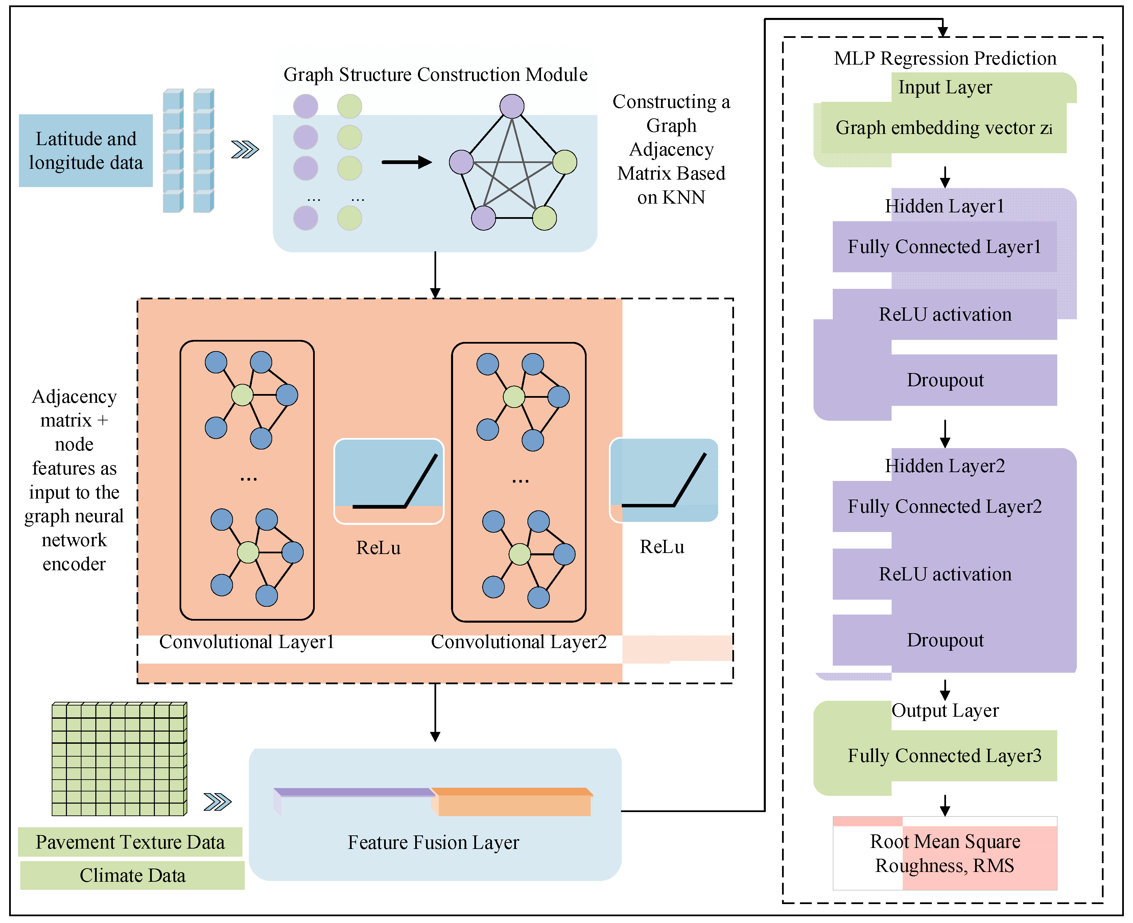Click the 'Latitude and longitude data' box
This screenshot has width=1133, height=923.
click(x=86, y=151)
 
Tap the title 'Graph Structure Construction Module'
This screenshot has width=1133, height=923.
click(x=435, y=74)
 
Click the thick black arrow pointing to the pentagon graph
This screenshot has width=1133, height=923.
click(x=406, y=162)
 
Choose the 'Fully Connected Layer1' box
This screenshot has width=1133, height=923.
click(x=944, y=247)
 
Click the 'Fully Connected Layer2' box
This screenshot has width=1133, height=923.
click(x=944, y=506)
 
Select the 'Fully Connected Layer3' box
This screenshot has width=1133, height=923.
click(x=944, y=756)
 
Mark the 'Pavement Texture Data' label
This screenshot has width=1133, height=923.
click(x=130, y=842)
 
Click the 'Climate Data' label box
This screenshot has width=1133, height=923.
click(x=132, y=875)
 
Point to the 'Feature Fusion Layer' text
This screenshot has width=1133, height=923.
click(x=433, y=842)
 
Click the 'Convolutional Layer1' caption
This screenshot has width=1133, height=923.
click(x=246, y=642)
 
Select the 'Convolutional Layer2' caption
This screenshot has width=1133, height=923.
click(x=519, y=642)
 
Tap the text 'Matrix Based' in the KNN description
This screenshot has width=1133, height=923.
click(x=671, y=173)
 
